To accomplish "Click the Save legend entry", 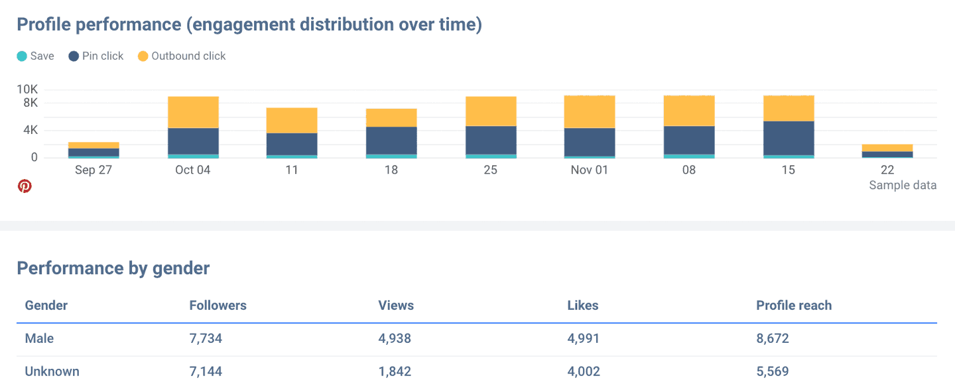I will pyautogui.click(x=36, y=56).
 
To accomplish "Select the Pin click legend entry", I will pyautogui.click(x=96, y=56).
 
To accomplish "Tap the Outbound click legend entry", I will pyautogui.click(x=182, y=56).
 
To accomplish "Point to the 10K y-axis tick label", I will pyautogui.click(x=27, y=90).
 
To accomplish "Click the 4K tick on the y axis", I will pyautogui.click(x=30, y=131).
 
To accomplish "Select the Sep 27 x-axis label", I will pyautogui.click(x=94, y=170).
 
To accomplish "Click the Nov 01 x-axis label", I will pyautogui.click(x=589, y=170).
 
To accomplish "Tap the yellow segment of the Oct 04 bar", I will pyautogui.click(x=193, y=112).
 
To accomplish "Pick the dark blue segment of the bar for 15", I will pyautogui.click(x=788, y=138).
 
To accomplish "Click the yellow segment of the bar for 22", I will pyautogui.click(x=887, y=148).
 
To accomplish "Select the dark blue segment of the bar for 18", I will pyautogui.click(x=391, y=141).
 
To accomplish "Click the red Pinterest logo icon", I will pyautogui.click(x=25, y=186).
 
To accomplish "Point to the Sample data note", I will pyautogui.click(x=903, y=186).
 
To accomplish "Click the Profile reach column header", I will pyautogui.click(x=793, y=306).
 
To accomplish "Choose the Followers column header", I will pyautogui.click(x=218, y=306).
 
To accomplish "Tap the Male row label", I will pyautogui.click(x=39, y=339).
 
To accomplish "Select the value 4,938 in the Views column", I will pyautogui.click(x=395, y=339).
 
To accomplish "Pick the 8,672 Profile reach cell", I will pyautogui.click(x=772, y=339).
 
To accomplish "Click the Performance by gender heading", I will pyautogui.click(x=113, y=268).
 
